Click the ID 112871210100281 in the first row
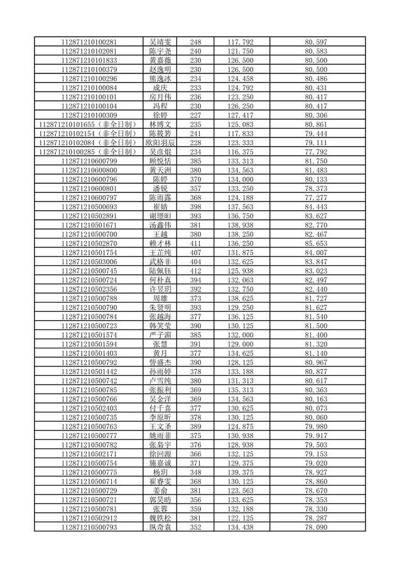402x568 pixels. [x=89, y=42]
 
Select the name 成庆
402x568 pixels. [x=160, y=88]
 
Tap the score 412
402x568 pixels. [x=195, y=270]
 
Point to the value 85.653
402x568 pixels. [x=315, y=243]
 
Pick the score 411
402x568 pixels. [x=195, y=243]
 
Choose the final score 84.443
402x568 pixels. [x=315, y=206]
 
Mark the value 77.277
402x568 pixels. [x=315, y=197]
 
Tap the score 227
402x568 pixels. [x=195, y=115]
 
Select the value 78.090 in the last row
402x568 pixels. [x=315, y=526]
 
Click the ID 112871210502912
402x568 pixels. [x=89, y=517]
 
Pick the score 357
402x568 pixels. [x=195, y=188]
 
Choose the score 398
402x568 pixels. [x=195, y=206]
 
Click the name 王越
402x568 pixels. [x=160, y=233]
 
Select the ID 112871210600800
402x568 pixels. [x=89, y=170]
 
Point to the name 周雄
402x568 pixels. [x=160, y=297]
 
